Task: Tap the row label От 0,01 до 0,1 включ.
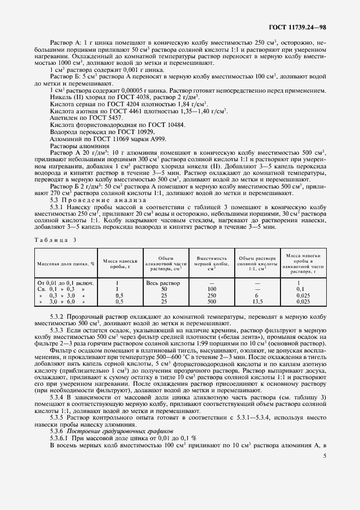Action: (66, 283)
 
